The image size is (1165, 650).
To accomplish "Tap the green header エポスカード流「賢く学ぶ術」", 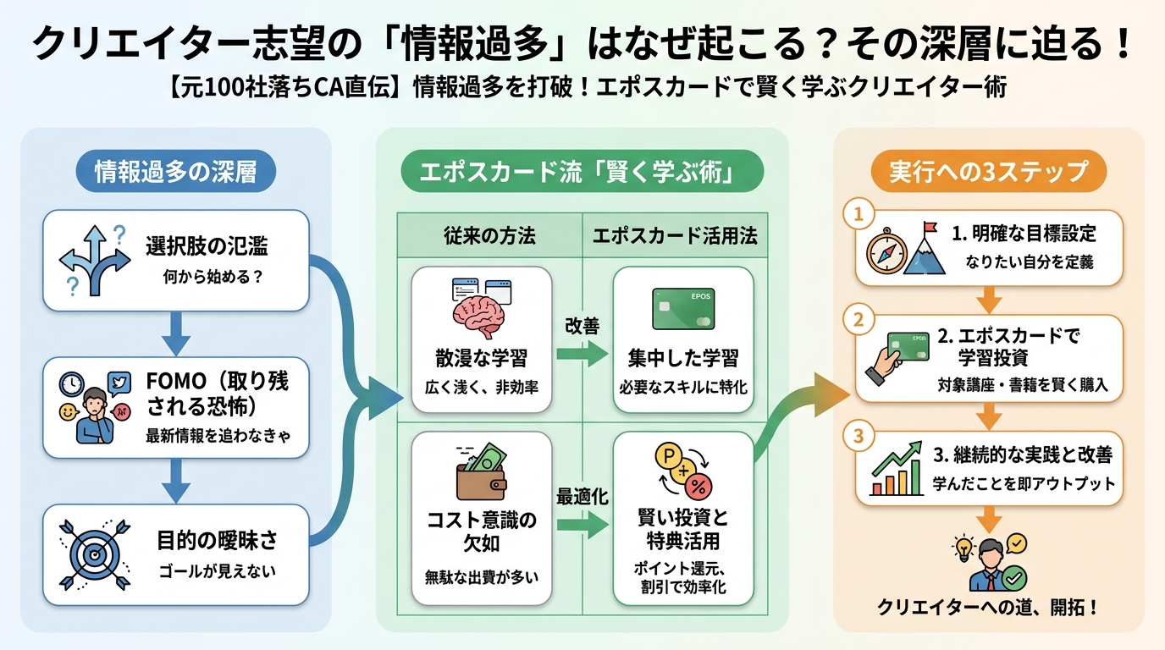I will tap(582, 173).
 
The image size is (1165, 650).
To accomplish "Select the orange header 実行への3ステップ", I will tap(988, 171).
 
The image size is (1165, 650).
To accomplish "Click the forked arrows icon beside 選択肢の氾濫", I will tap(93, 258).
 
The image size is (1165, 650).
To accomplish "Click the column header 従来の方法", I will tap(489, 236).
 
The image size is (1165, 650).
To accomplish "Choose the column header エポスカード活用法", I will tap(675, 236).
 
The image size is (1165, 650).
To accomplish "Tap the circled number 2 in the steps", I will tap(858, 321).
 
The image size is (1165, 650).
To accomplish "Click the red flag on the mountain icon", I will tap(930, 229).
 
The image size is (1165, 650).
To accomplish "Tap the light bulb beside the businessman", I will tap(963, 549).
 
